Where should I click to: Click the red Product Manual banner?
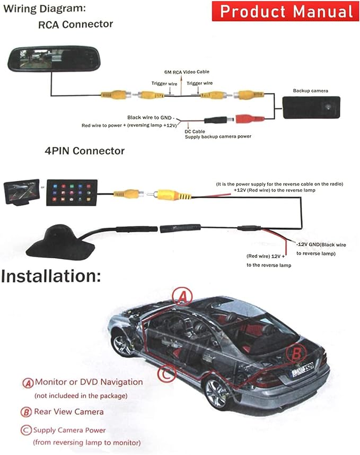[285, 11]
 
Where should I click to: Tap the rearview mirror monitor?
[54, 59]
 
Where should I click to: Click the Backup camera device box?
[311, 107]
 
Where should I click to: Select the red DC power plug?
[250, 118]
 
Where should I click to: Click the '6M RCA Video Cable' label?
[187, 72]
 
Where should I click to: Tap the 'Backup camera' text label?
[310, 91]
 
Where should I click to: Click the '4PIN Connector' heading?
[85, 151]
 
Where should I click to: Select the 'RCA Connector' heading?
[75, 24]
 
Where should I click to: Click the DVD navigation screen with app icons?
[72, 192]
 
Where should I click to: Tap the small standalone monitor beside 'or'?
[21, 192]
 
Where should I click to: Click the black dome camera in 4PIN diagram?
[60, 240]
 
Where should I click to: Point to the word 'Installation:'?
[51, 276]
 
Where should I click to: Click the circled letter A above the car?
[182, 296]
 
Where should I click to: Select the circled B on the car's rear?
[296, 353]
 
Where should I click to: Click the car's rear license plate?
[303, 369]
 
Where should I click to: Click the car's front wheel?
[122, 345]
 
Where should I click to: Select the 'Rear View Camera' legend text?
[69, 412]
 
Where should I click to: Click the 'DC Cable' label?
[195, 132]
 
